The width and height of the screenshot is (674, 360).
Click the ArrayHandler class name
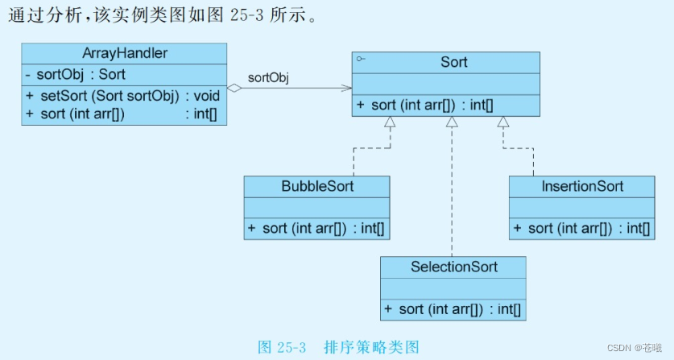(125, 53)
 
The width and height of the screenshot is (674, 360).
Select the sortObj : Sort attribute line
(75, 75)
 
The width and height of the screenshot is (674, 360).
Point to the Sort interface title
(453, 62)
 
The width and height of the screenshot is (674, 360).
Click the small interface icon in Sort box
(361, 59)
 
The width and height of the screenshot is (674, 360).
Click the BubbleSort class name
(317, 186)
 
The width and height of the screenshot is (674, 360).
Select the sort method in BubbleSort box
(316, 228)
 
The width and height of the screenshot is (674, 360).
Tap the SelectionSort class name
(453, 267)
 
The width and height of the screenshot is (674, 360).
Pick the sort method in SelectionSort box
(453, 308)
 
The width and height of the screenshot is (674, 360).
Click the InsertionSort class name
(582, 186)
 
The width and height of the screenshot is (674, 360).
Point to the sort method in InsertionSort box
(581, 228)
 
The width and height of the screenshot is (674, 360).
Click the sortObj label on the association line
(268, 77)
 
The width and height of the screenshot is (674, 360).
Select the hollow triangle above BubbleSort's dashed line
(390, 122)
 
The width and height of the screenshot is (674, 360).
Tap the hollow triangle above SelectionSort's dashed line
(453, 122)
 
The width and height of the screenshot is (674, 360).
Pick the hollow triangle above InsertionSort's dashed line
(503, 122)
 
